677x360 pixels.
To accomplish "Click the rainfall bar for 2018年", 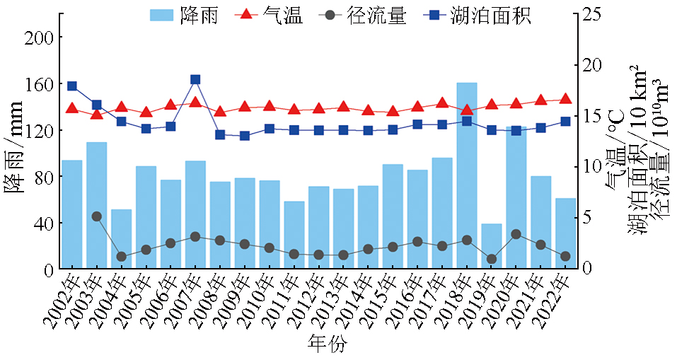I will click(466, 176).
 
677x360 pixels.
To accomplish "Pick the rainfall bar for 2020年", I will click(516, 198).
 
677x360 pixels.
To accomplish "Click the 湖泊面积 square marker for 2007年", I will click(195, 80).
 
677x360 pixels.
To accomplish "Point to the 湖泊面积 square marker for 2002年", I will click(72, 86).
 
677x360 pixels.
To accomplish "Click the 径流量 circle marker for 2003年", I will click(97, 216).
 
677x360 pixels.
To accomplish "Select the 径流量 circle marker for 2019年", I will click(491, 259).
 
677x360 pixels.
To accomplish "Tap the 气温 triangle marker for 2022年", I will click(565, 98).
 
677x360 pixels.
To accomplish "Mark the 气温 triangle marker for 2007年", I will click(195, 102).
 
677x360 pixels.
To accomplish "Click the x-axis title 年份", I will click(328, 344).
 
